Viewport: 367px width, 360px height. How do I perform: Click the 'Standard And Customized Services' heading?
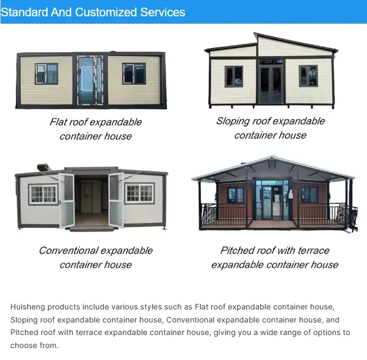click(93, 12)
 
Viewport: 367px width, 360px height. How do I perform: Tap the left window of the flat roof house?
click(47, 73)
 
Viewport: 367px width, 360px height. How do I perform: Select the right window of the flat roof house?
click(134, 73)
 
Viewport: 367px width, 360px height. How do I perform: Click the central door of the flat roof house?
click(90, 79)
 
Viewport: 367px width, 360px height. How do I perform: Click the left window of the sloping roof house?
click(234, 77)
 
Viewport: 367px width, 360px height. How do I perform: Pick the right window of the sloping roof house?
click(308, 76)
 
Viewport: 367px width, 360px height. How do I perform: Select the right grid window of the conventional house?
click(139, 193)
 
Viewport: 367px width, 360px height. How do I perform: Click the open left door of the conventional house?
click(67, 200)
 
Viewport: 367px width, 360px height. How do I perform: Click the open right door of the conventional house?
click(116, 200)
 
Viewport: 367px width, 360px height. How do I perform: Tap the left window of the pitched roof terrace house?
click(235, 195)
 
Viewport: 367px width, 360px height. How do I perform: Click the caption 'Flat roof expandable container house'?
click(96, 129)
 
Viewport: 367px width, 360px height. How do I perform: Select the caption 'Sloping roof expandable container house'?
click(270, 128)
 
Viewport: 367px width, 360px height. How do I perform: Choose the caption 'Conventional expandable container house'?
click(96, 257)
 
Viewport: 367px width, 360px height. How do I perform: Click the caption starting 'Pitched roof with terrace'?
click(275, 257)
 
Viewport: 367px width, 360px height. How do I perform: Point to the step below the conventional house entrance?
click(92, 228)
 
